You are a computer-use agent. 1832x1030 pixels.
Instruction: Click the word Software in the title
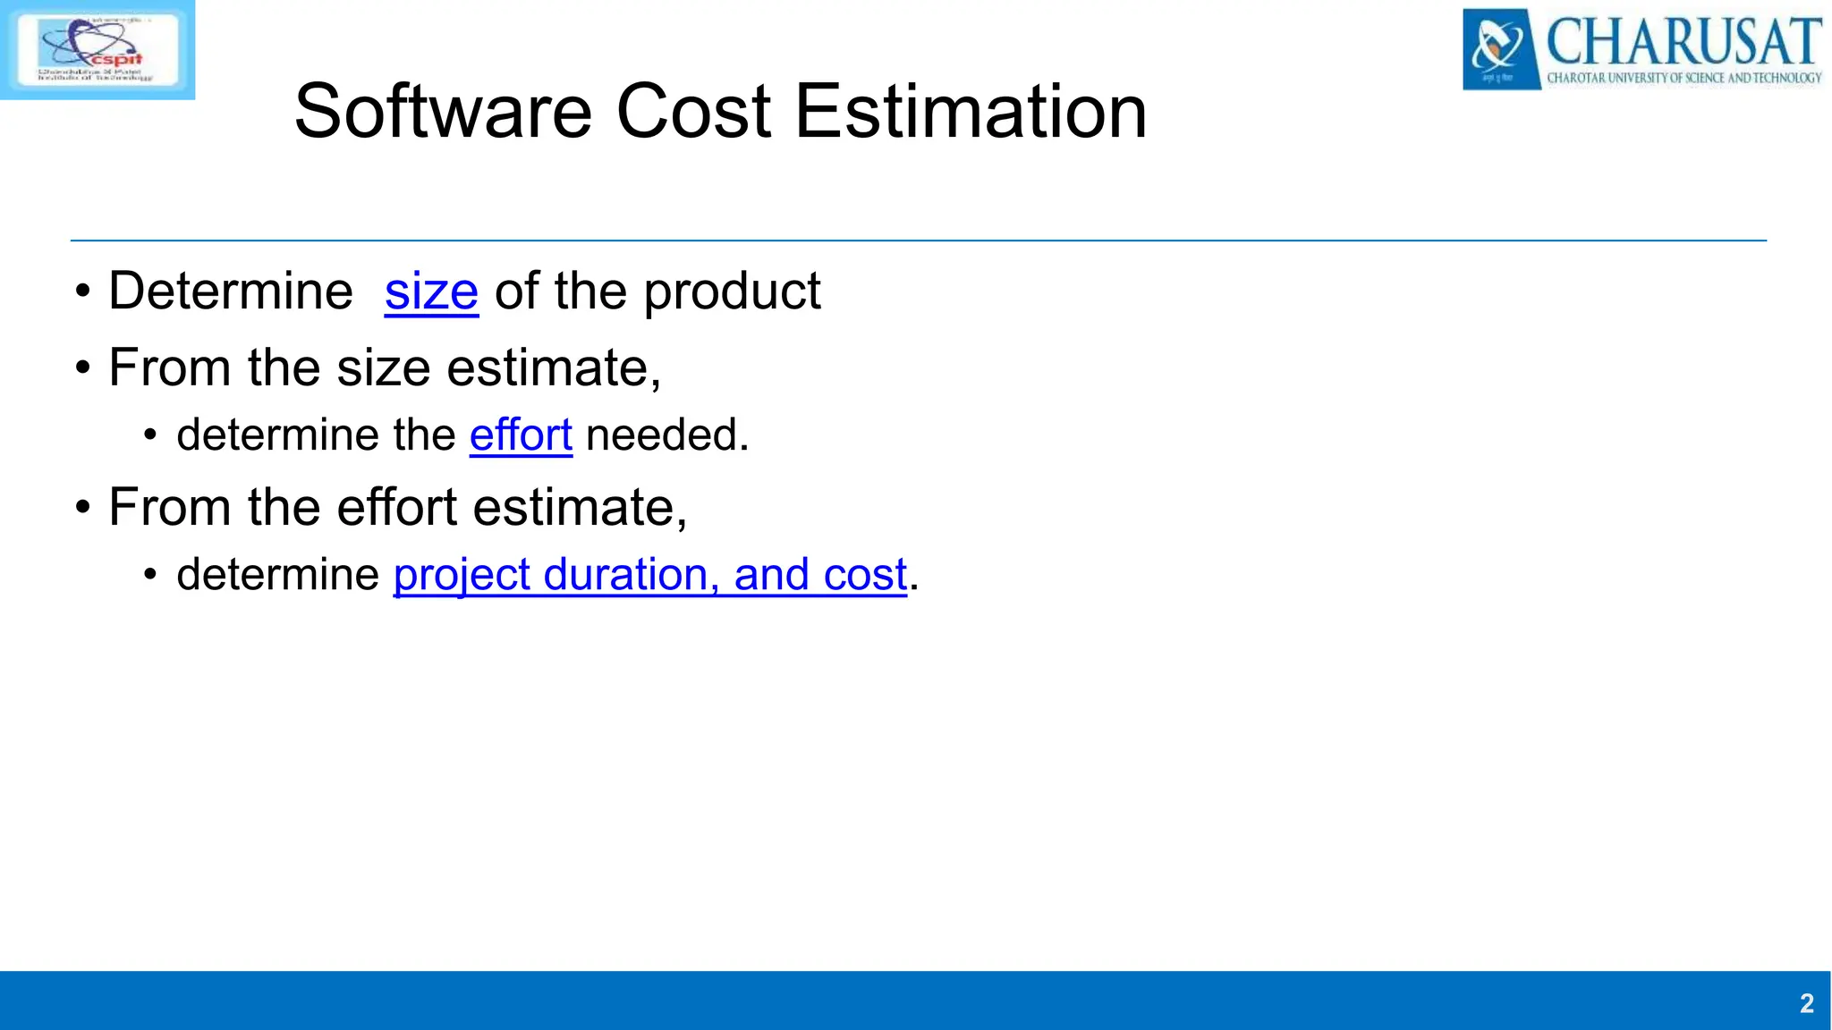pyautogui.click(x=443, y=112)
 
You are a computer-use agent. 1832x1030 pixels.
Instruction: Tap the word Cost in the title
pyautogui.click(x=693, y=112)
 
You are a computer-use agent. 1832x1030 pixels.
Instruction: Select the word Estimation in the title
pyautogui.click(x=971, y=112)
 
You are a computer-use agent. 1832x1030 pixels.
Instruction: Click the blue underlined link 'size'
pyautogui.click(x=431, y=292)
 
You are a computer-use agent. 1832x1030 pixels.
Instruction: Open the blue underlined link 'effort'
pyautogui.click(x=521, y=435)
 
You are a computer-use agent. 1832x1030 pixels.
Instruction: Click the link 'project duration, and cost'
pyautogui.click(x=650, y=575)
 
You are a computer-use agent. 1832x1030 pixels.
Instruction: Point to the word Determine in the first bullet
pyautogui.click(x=231, y=291)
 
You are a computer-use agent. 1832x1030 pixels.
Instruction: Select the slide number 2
pyautogui.click(x=1806, y=1003)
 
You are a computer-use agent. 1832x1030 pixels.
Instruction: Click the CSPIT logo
pyautogui.click(x=97, y=49)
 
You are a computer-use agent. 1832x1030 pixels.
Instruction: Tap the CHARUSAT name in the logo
pyautogui.click(x=1684, y=40)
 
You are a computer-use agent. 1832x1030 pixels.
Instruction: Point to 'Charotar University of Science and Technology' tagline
pyautogui.click(x=1684, y=79)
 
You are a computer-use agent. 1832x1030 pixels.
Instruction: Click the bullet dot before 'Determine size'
pyautogui.click(x=83, y=292)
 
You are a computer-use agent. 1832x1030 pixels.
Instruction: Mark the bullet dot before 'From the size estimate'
pyautogui.click(x=83, y=368)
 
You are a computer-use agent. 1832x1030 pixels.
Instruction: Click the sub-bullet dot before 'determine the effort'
pyautogui.click(x=150, y=436)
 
